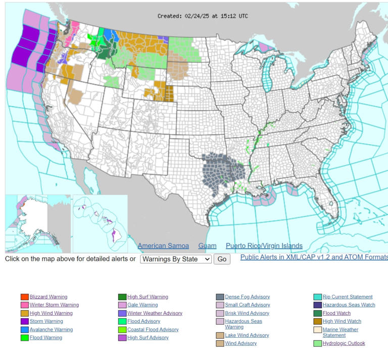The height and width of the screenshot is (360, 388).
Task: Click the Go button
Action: [222, 259]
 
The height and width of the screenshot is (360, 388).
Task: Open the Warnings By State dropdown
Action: [176, 259]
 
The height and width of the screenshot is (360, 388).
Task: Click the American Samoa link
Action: [163, 246]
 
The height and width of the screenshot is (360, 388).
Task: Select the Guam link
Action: [207, 246]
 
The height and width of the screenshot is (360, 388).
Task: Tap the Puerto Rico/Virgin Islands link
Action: [264, 246]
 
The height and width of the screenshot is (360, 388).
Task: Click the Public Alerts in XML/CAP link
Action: [313, 257]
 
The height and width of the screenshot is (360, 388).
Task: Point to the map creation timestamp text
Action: [203, 16]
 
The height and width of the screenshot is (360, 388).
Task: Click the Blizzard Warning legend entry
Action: [48, 297]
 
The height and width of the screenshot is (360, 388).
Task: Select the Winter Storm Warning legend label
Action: [54, 305]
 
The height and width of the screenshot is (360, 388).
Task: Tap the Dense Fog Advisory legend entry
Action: [247, 297]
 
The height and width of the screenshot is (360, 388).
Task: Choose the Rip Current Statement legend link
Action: [348, 297]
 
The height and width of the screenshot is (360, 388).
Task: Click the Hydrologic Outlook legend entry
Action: [344, 343]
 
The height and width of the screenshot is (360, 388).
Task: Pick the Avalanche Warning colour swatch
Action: [24, 330]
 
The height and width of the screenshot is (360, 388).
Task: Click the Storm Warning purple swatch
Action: [24, 322]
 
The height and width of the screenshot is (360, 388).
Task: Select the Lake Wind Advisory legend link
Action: [247, 335]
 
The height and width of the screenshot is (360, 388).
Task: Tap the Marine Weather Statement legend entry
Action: [340, 332]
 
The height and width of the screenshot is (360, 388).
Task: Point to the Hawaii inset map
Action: [100, 222]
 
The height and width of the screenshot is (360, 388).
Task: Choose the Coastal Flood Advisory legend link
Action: [153, 330]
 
